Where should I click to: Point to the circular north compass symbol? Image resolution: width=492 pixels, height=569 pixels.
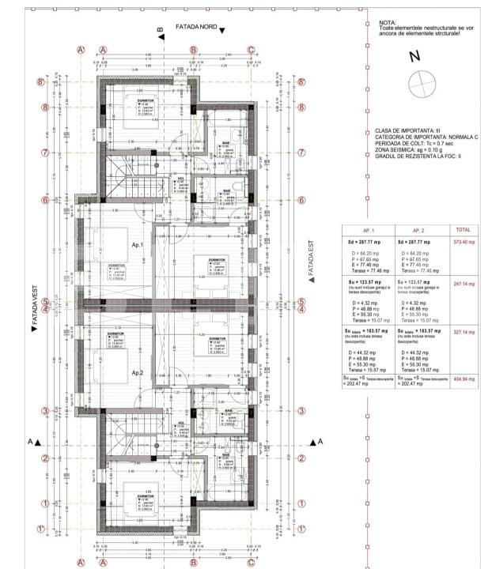(422, 83)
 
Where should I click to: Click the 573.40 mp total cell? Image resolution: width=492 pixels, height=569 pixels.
(462, 241)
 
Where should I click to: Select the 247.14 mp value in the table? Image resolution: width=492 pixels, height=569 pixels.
(462, 282)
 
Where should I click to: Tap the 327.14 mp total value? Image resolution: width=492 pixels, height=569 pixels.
(462, 333)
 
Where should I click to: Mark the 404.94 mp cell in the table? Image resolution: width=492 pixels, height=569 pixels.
(462, 379)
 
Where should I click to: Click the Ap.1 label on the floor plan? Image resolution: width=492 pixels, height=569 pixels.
(137, 245)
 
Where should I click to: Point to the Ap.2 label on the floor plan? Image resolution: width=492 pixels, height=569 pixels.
(137, 372)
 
